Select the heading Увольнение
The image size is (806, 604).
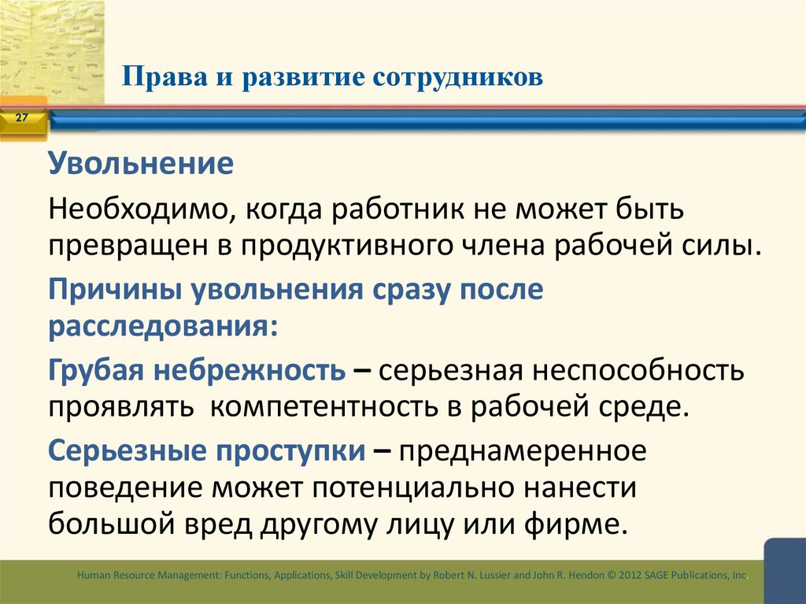[142, 165]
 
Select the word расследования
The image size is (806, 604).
[161, 325]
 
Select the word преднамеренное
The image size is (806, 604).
[523, 451]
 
